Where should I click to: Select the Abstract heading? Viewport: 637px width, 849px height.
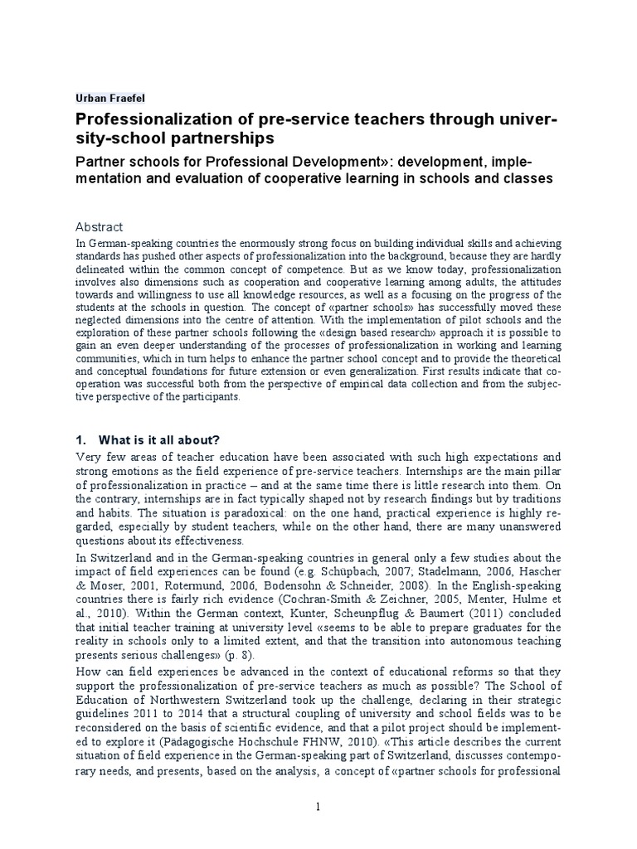(x=100, y=226)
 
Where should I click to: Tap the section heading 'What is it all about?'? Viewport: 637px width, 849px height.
(x=158, y=439)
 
